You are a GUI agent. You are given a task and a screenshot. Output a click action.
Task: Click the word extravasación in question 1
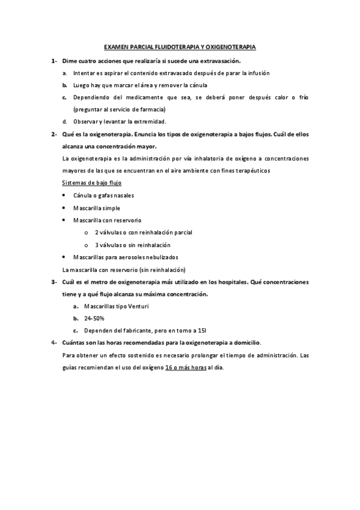[218, 61]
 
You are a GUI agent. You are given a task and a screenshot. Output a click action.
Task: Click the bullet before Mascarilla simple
[64, 208]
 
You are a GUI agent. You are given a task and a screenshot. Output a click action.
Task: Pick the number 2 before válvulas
[97, 232]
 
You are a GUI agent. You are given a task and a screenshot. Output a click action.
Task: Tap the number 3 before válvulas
[97, 245]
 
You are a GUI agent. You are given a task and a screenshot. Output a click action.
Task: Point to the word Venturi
[138, 306]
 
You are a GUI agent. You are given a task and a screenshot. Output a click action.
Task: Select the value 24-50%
[94, 318]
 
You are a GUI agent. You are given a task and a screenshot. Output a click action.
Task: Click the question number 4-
[55, 342]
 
